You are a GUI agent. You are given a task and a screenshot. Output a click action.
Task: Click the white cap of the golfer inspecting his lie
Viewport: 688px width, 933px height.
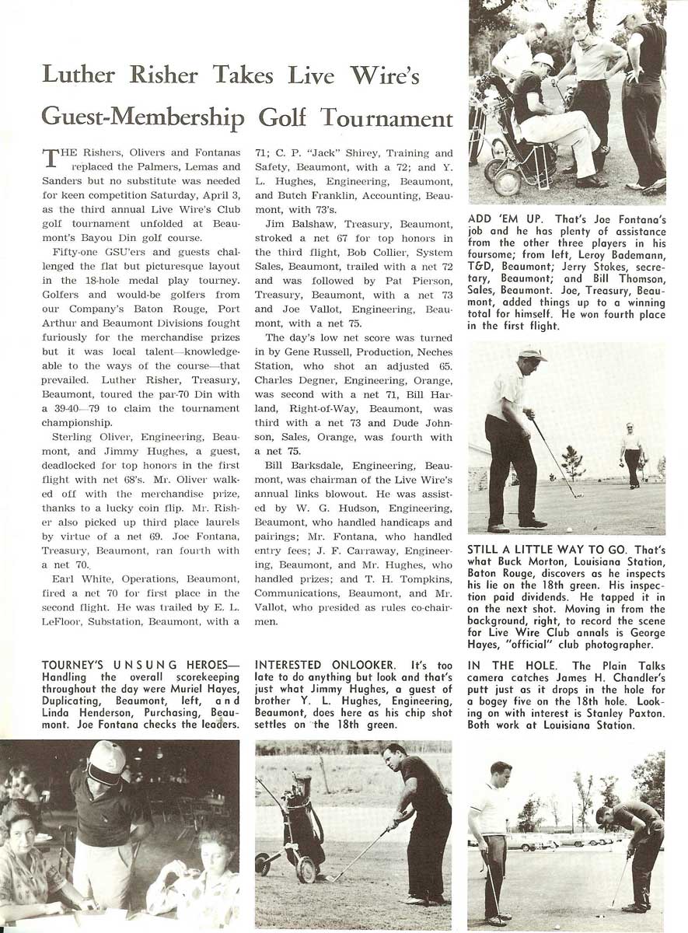coord(533,353)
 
